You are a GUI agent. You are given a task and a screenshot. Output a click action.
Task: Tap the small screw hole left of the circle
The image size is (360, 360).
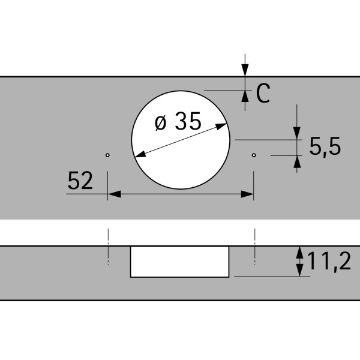pos(107,155)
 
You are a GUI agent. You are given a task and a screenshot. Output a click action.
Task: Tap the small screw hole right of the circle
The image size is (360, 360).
pos(254,155)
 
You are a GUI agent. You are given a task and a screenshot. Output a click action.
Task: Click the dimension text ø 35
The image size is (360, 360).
pos(178,122)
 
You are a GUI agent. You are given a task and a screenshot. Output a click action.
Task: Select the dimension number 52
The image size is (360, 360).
pos(80,181)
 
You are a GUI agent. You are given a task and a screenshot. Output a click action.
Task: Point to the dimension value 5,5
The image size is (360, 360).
pos(325,146)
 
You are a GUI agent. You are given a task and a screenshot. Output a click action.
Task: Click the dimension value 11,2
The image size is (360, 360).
pos(329,262)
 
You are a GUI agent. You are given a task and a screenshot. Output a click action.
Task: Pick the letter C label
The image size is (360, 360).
pos(263,94)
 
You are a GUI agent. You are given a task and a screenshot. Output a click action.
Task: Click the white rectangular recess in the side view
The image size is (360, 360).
pos(180,262)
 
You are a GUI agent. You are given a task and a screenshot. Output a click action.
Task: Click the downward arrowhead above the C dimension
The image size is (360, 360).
pos(245,71)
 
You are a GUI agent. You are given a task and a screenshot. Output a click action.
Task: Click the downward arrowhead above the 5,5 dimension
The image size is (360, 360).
pos(297,133)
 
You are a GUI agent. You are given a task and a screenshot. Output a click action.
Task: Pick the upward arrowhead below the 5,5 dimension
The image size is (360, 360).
pos(297,160)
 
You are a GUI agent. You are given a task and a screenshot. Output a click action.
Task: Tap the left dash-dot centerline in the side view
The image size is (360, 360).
pos(108,246)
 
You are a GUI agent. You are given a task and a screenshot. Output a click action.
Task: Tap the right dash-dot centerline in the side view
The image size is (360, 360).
pos(256,246)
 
